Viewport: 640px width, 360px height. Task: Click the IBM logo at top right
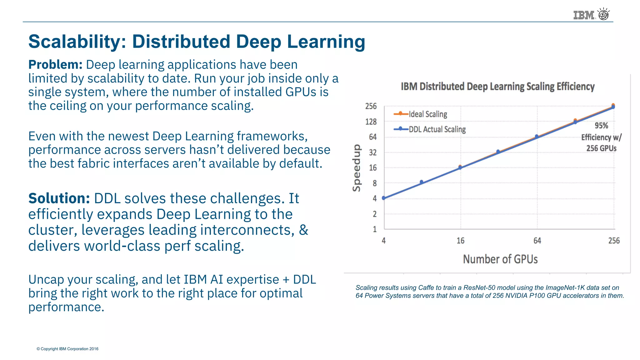click(583, 15)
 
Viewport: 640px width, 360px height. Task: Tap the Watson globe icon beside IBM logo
click(603, 14)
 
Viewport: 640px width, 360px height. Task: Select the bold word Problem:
click(55, 65)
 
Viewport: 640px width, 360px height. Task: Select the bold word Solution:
click(59, 198)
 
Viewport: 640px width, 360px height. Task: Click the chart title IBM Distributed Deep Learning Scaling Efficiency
click(497, 87)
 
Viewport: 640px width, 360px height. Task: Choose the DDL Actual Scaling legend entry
click(437, 129)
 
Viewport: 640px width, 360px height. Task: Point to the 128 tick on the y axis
click(371, 122)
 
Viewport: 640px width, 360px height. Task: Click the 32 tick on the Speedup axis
click(372, 152)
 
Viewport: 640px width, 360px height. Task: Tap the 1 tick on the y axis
click(374, 229)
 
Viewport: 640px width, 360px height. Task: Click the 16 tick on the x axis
click(460, 241)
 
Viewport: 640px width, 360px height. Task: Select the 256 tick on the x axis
click(614, 241)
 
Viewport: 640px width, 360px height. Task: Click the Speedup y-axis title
click(357, 168)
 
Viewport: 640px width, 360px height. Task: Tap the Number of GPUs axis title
click(500, 259)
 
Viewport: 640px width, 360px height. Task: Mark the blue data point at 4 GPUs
click(384, 198)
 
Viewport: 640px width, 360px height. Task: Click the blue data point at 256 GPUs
click(613, 107)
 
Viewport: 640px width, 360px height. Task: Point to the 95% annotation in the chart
click(601, 126)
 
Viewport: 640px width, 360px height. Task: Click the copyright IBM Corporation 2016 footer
click(67, 349)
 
